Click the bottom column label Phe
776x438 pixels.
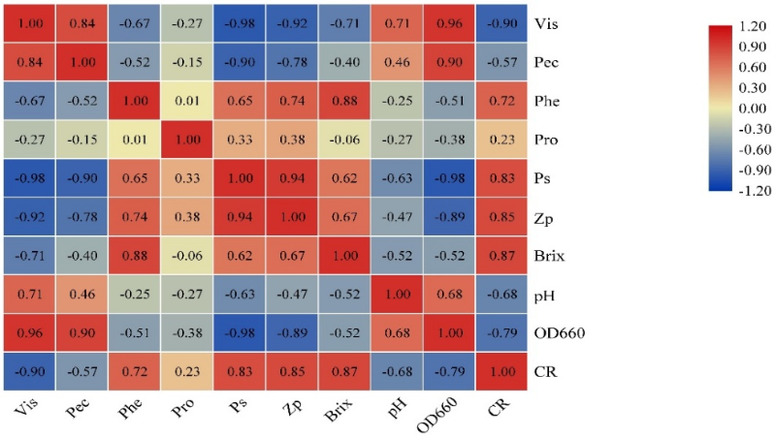(132, 412)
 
